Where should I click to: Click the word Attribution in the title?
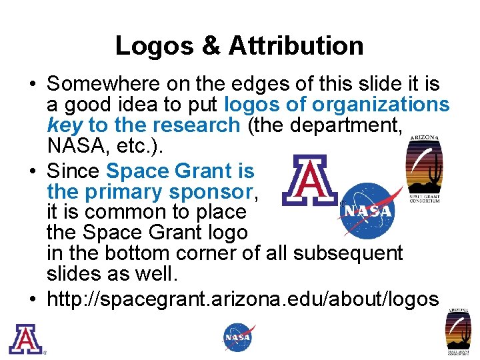pos(297,46)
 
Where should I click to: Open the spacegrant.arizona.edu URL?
pos(243,299)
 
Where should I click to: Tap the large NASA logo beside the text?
pos(367,210)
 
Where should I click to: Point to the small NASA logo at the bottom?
pos(239,337)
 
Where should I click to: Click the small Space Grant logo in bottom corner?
pos(459,332)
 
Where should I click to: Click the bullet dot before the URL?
pos(33,300)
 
